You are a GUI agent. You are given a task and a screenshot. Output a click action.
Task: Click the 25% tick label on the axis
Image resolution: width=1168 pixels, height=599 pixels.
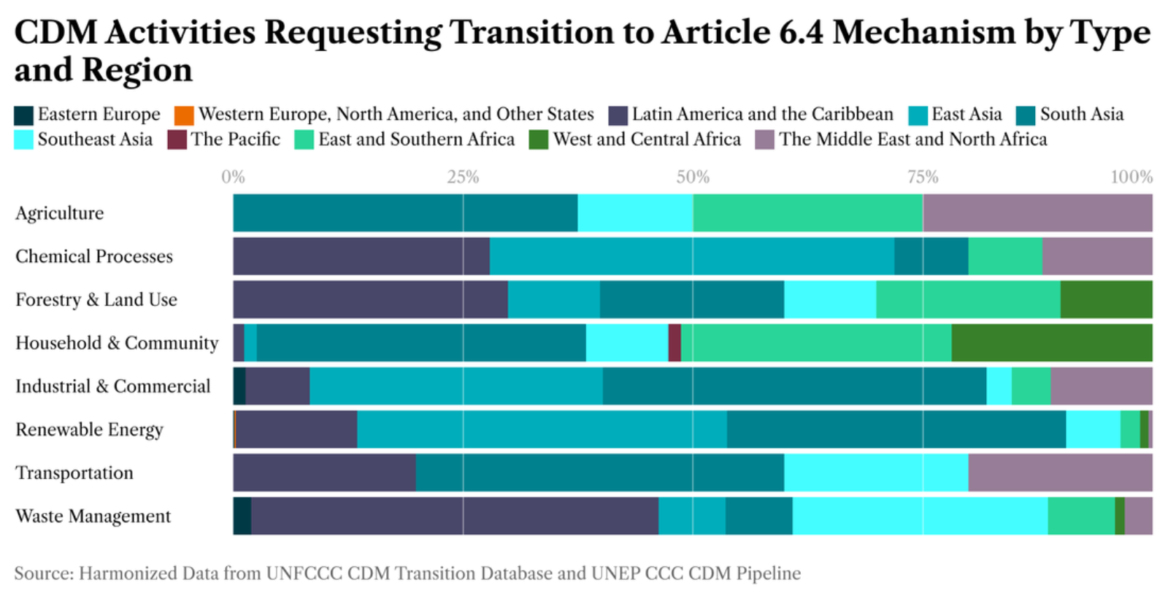[463, 178]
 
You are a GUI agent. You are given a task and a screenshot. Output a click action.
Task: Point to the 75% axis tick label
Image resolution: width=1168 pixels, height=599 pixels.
[923, 178]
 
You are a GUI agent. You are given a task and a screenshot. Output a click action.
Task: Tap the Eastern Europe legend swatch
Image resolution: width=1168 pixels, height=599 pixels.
[23, 115]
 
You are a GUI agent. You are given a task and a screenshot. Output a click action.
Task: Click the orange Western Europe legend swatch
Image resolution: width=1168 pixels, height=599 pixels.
[184, 115]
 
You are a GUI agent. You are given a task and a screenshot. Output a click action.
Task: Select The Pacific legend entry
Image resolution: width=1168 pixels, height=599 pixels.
[224, 140]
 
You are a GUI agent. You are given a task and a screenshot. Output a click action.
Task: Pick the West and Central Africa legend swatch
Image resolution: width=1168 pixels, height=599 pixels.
[538, 140]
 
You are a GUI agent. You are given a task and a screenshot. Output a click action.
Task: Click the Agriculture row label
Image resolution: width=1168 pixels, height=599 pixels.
[59, 213]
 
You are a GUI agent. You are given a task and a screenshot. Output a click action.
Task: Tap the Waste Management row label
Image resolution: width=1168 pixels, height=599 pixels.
[93, 516]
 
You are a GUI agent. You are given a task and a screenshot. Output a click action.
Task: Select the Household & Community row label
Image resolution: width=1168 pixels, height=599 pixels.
[117, 343]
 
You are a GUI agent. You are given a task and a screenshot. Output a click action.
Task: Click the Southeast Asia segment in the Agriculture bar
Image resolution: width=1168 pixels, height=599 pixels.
[635, 213]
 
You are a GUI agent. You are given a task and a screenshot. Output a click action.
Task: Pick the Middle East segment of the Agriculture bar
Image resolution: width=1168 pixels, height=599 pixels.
[1037, 213]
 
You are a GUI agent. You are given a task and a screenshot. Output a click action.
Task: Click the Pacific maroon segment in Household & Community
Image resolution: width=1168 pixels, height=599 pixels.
[675, 343]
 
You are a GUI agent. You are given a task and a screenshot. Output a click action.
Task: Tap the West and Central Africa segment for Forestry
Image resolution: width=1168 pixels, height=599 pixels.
[1107, 299]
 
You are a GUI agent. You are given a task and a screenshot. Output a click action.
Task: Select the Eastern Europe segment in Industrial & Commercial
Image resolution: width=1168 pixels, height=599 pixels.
[239, 386]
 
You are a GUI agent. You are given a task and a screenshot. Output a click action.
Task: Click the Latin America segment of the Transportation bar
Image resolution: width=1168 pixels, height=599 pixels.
[324, 473]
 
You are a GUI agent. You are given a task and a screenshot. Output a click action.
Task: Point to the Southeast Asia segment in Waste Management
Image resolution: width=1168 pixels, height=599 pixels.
[921, 516]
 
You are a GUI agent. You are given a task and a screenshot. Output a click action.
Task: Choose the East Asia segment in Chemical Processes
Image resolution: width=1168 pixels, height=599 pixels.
[692, 256]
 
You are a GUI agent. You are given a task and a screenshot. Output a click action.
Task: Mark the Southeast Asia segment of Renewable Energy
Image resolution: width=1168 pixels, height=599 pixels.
[1094, 430]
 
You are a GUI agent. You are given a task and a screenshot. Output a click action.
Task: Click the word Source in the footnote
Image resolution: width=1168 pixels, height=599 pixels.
[43, 573]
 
